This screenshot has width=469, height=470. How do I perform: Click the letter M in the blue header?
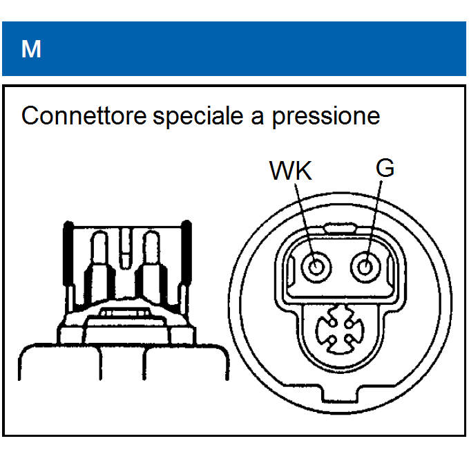coord(31,49)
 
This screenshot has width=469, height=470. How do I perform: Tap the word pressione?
coord(325,116)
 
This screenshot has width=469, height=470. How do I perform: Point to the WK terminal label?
coord(290,170)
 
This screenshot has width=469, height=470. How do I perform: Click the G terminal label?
coord(385,168)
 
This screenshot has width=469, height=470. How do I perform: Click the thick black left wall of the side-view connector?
coord(68,259)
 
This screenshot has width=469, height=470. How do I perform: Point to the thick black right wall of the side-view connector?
coord(186,259)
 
